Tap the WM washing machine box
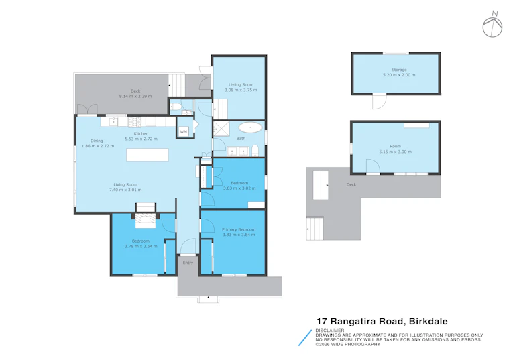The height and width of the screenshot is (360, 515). (184, 131)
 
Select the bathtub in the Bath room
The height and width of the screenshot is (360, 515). (250, 127)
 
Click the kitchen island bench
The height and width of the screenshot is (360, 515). (148, 155)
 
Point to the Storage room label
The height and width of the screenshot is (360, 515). (399, 70)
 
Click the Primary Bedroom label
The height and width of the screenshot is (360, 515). (239, 229)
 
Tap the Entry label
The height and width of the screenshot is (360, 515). (188, 263)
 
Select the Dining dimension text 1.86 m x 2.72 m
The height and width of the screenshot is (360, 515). (98, 146)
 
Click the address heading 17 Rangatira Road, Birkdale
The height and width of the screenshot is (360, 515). (382, 321)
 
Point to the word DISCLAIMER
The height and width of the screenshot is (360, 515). (330, 331)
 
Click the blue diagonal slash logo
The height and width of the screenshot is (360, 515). (305, 338)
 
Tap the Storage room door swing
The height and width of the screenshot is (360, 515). (379, 101)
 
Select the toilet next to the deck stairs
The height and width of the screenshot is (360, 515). (175, 107)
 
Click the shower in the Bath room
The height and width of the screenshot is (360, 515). (221, 129)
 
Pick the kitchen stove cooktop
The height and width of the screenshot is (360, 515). (135, 122)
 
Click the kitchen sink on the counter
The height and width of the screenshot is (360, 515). (113, 121)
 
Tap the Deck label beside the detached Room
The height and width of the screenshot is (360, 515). (351, 184)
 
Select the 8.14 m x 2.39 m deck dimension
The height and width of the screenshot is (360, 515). (135, 97)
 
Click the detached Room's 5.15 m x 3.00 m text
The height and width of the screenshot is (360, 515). (396, 152)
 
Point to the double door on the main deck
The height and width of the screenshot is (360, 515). (87, 109)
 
